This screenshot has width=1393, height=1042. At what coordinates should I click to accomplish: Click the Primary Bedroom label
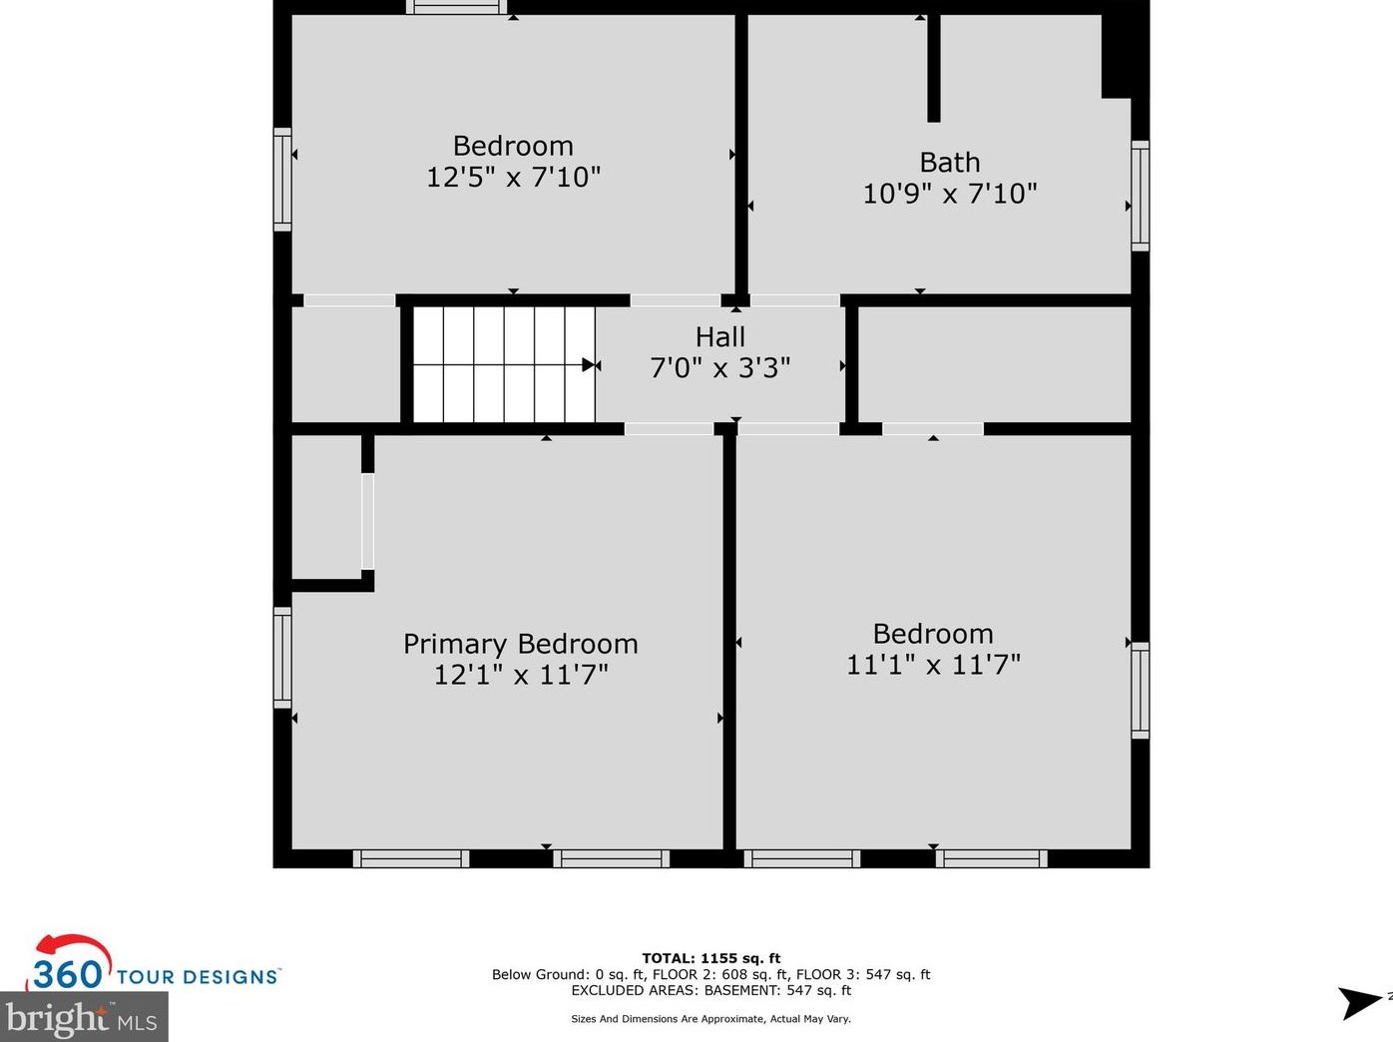521,644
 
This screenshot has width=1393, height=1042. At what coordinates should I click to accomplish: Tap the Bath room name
949,163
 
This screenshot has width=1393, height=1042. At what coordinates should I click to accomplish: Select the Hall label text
719,337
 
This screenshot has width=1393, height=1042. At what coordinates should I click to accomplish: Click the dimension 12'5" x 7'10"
513,177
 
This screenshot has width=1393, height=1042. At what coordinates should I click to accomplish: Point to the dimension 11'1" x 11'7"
933,665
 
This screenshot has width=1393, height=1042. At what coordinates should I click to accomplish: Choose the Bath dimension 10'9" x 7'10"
949,194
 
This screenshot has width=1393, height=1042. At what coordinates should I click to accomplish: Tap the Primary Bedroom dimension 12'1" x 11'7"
521,675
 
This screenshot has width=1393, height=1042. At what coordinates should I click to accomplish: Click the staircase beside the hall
504,364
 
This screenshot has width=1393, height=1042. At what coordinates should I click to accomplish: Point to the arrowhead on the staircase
589,365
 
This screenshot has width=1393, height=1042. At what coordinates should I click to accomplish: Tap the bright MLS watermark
83,1018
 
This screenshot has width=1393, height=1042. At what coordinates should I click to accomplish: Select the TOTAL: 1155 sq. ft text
710,958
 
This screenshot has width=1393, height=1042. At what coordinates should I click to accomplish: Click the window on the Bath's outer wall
1141,196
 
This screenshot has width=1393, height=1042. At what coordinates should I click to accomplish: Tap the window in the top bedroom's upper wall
456,7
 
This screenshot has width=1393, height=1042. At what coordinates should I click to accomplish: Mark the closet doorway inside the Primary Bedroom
367,521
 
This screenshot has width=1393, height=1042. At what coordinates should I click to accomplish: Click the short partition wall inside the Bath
934,68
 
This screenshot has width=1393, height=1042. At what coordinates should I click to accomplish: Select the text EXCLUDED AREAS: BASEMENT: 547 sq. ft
710,990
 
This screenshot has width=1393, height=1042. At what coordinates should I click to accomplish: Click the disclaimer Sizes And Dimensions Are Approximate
710,1018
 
